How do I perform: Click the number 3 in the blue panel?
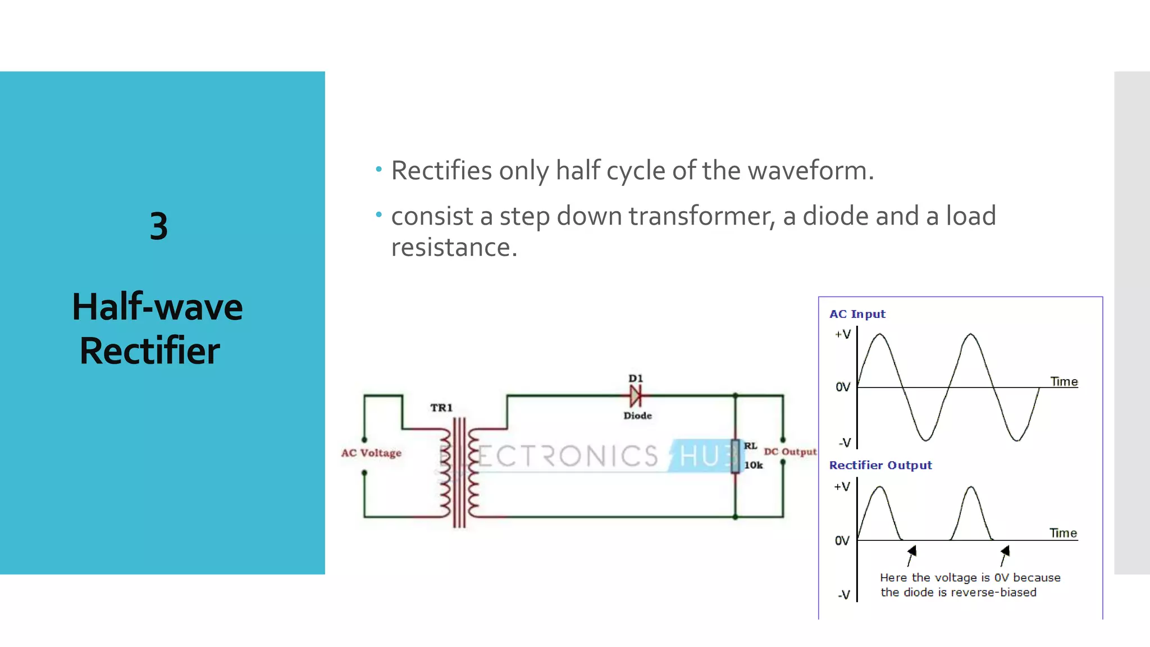[x=159, y=226]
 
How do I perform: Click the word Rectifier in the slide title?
[x=150, y=351]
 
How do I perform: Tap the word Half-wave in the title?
[x=157, y=307]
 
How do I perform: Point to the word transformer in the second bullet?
[x=701, y=216]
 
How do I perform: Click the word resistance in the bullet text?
[x=454, y=247]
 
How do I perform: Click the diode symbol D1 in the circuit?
[x=636, y=397]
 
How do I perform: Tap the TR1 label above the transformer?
[x=441, y=408]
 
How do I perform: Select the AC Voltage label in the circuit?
[x=371, y=453]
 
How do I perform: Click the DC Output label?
[x=790, y=452]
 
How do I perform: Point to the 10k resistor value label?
[x=753, y=465]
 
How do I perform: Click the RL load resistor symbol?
[x=735, y=456]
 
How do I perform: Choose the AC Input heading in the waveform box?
[x=857, y=314]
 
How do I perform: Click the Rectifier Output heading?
[x=880, y=465]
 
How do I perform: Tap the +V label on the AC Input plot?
[x=843, y=335]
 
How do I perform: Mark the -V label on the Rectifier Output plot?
[x=844, y=595]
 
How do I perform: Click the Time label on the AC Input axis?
[x=1064, y=382]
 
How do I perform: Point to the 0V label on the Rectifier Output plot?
[x=842, y=541]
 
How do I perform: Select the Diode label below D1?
[x=637, y=416]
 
